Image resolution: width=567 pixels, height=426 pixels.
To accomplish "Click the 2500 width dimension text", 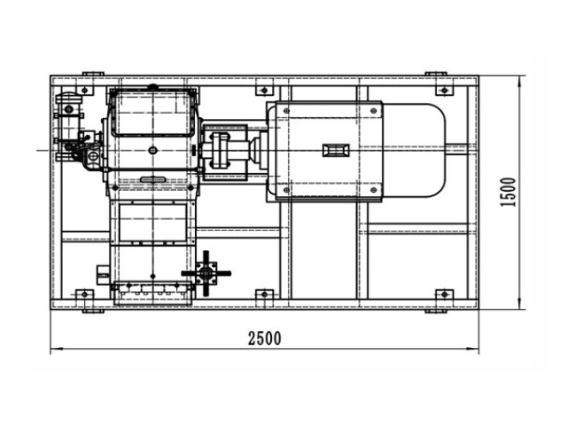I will pos(264,338).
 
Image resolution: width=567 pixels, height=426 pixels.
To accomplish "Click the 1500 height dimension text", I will pos(508,192).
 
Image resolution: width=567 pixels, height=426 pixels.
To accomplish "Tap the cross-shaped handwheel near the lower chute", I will pos(206,274).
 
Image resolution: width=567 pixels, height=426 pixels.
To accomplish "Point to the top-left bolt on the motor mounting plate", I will pos(285,111).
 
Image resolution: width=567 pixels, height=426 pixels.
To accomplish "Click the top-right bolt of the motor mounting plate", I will pos(376,111).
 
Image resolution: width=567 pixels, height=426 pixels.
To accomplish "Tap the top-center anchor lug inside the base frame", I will pos(263,90).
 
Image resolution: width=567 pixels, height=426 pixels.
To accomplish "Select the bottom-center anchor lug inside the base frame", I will pos(263,295).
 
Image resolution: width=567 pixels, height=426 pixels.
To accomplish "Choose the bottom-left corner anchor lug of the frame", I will pos(85,295).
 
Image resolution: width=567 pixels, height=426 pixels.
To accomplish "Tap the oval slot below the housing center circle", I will pos(153,181).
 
